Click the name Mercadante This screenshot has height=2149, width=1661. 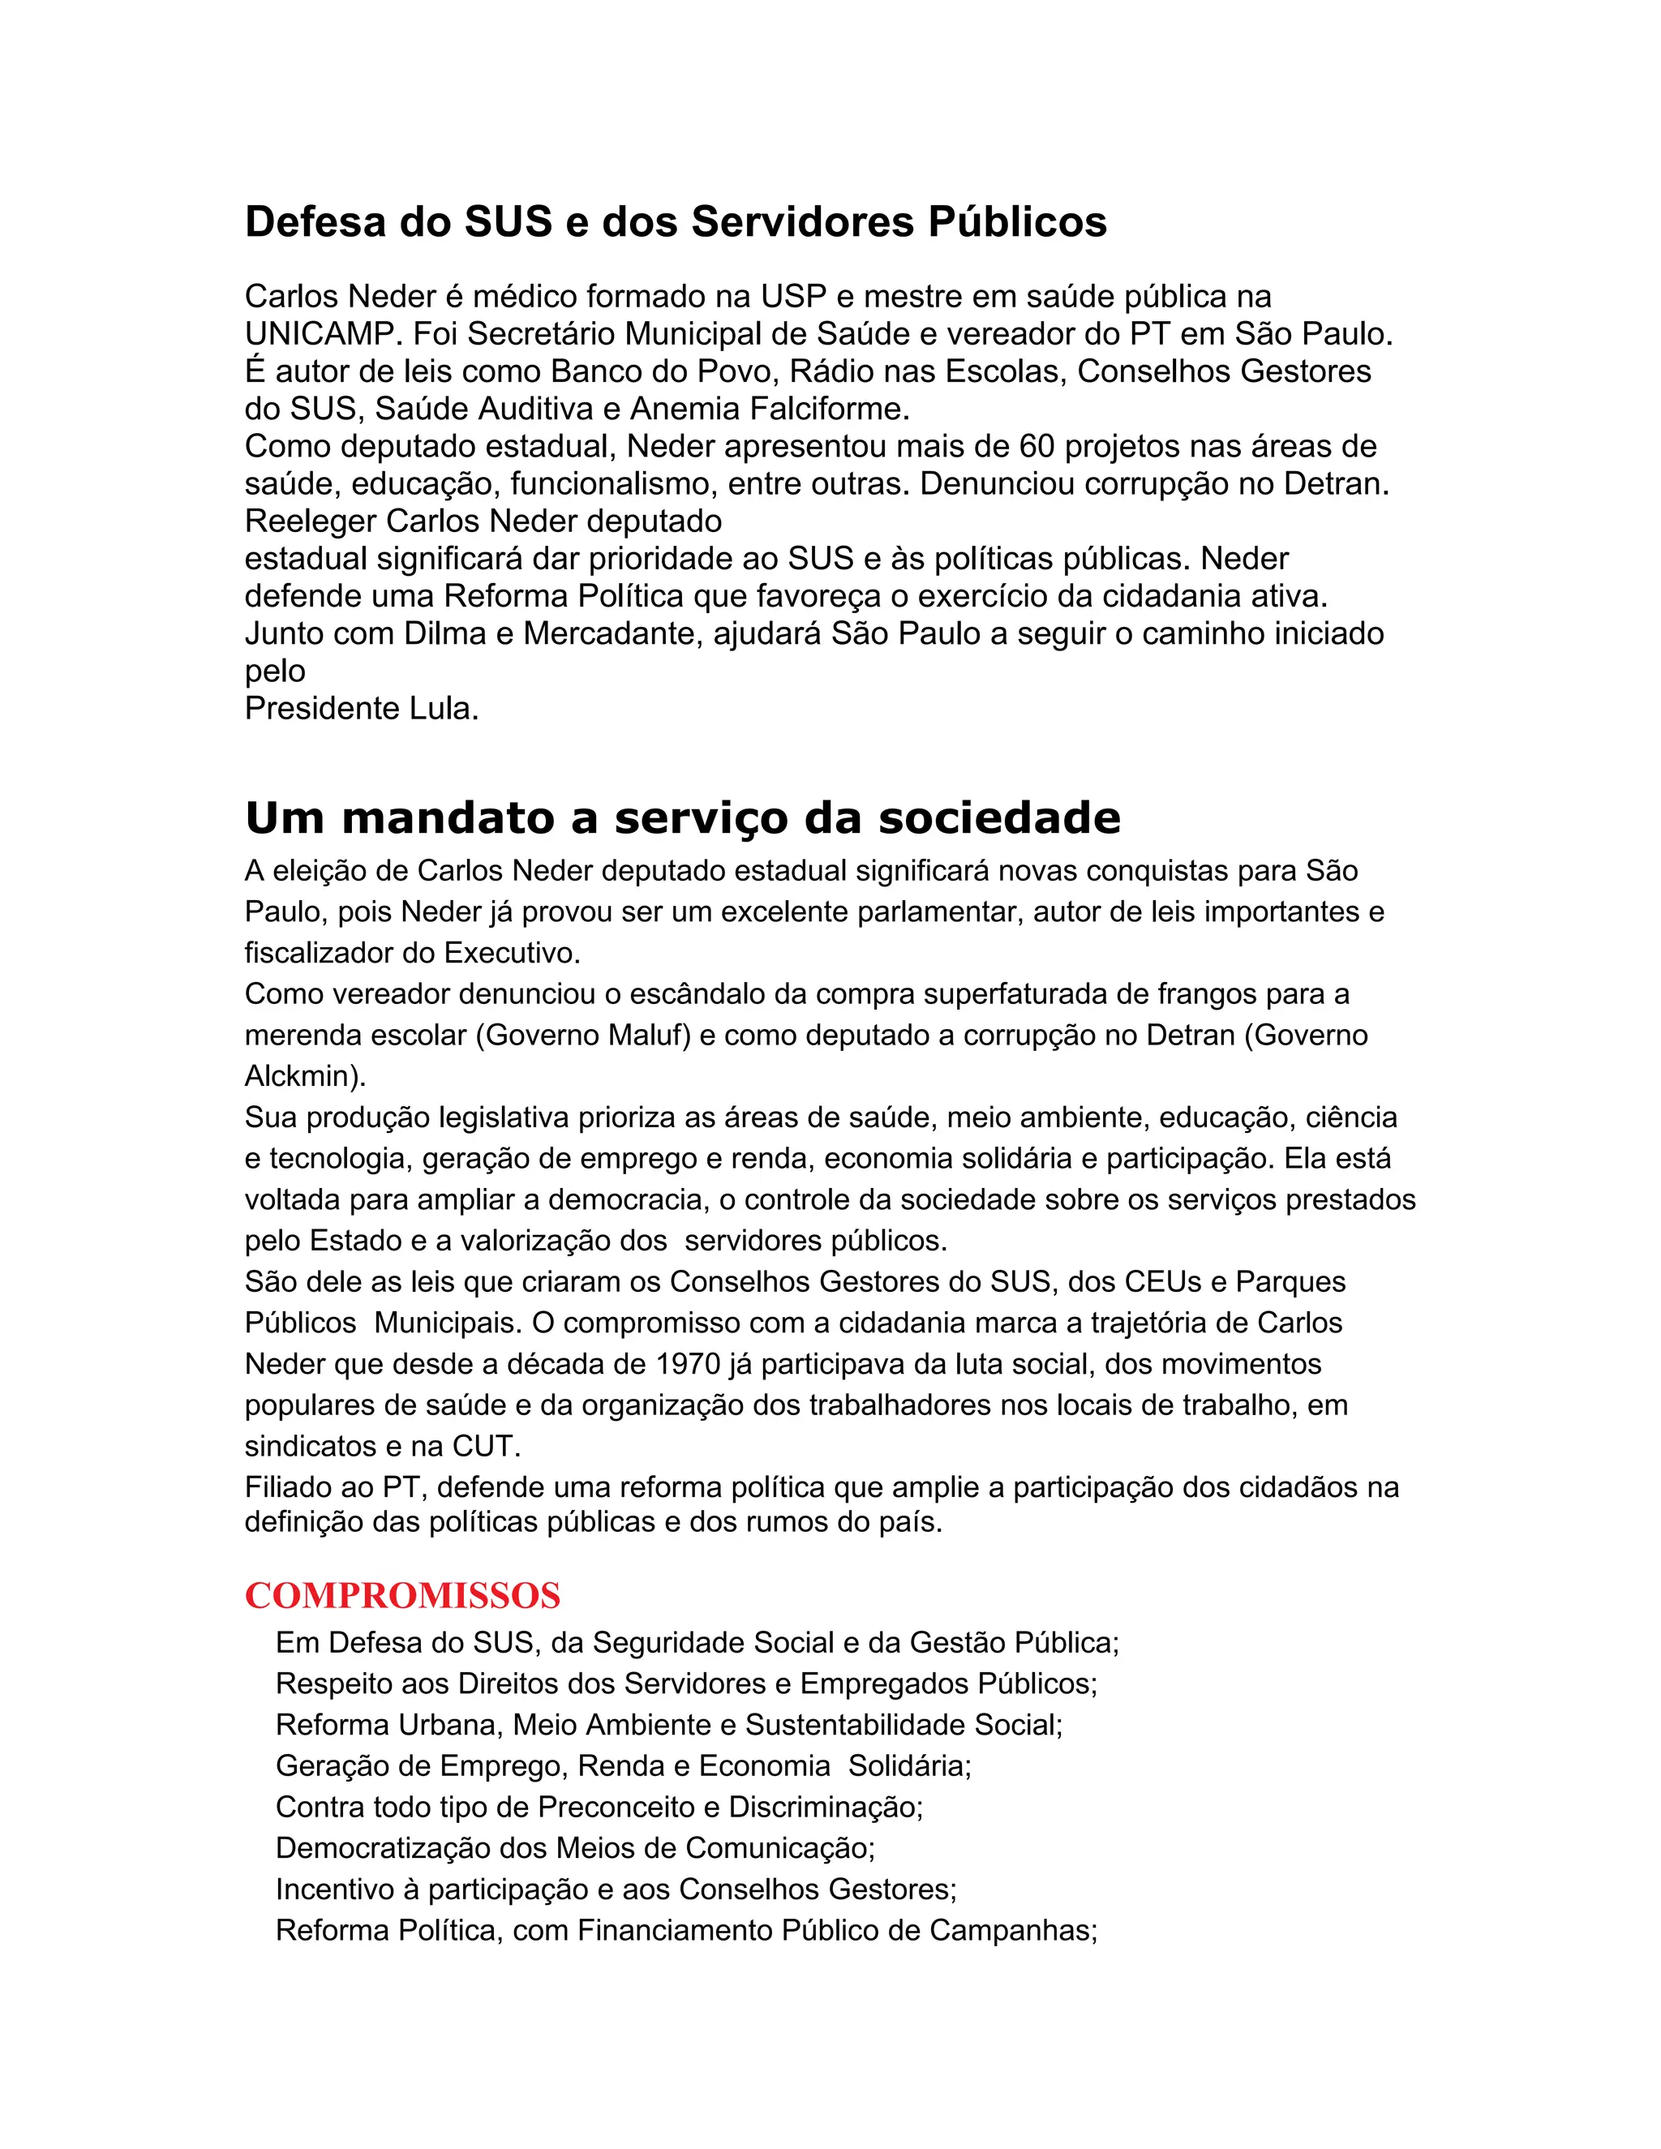coord(612,633)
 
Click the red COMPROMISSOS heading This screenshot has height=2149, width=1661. coord(402,1596)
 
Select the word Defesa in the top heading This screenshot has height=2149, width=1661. coord(315,222)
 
